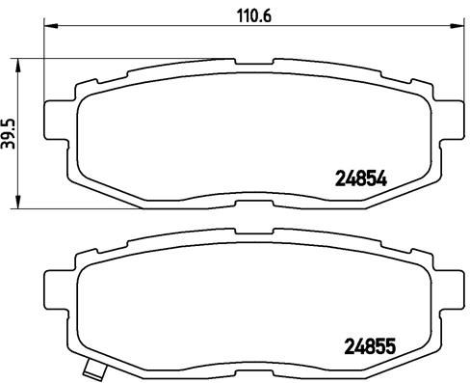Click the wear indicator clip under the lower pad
pos(94,369)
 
